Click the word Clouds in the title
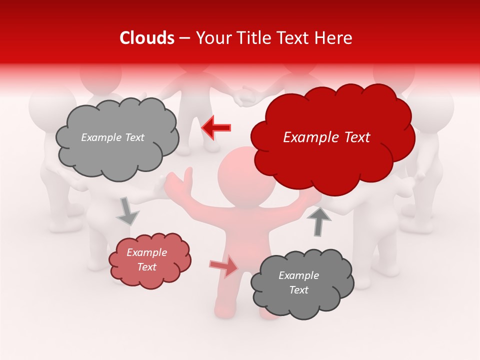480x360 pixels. click(x=147, y=38)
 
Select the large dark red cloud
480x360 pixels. click(x=332, y=137)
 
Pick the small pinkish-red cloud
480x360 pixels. click(x=149, y=260)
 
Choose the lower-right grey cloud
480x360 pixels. click(x=302, y=283)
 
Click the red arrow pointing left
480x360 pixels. click(x=216, y=127)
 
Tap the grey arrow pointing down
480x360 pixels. click(x=127, y=210)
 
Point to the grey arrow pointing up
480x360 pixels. click(x=318, y=220)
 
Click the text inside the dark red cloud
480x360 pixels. click(x=326, y=137)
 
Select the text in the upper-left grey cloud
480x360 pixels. click(x=112, y=137)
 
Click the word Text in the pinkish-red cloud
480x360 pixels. click(x=147, y=267)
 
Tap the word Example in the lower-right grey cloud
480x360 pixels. click(x=298, y=275)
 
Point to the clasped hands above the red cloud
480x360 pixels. click(x=245, y=96)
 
